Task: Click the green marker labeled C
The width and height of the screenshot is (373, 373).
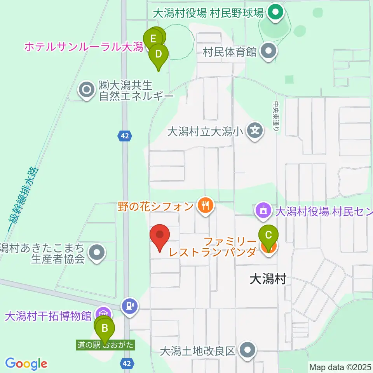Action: tap(268, 235)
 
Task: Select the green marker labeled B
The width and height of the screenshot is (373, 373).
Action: tap(105, 328)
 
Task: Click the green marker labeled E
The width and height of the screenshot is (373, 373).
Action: tap(153, 38)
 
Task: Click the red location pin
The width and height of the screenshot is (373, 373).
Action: tap(160, 235)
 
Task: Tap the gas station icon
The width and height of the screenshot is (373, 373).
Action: tap(130, 306)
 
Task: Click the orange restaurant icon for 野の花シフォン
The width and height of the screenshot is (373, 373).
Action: tap(204, 205)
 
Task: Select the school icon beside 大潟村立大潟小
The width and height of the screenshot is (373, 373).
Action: tap(255, 131)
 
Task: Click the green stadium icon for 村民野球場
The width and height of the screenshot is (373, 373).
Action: tap(275, 14)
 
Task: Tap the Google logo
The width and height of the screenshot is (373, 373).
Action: tap(26, 364)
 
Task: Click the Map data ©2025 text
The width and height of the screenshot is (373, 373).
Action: tap(340, 366)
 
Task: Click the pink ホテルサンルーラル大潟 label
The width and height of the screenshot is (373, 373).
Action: tap(84, 47)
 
